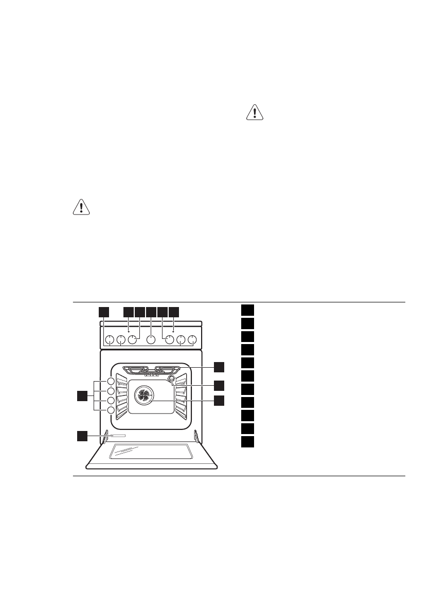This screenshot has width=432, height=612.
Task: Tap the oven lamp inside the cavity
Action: tap(171, 380)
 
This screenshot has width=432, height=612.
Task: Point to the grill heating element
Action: tap(151, 369)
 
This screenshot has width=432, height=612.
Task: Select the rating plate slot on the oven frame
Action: tap(117, 436)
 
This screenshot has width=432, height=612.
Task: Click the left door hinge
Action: tap(105, 436)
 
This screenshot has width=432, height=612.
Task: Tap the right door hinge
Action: tap(197, 436)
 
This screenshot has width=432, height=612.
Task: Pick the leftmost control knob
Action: tap(109, 339)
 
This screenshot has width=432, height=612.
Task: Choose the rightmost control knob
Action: tap(192, 339)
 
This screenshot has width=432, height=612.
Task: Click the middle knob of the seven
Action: tap(151, 339)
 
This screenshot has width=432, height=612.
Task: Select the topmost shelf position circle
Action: tap(111, 382)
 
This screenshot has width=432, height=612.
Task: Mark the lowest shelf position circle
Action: tap(111, 410)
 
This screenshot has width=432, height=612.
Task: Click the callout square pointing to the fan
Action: tap(220, 400)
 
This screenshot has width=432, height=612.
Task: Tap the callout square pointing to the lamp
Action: tap(220, 384)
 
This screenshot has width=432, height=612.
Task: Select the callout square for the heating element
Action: tap(220, 367)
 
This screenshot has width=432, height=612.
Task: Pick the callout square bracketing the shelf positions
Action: tap(82, 395)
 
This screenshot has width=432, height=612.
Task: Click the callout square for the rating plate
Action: tap(82, 436)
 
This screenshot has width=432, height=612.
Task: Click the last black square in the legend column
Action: tap(247, 442)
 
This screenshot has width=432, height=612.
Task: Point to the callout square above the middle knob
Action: tap(151, 311)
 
